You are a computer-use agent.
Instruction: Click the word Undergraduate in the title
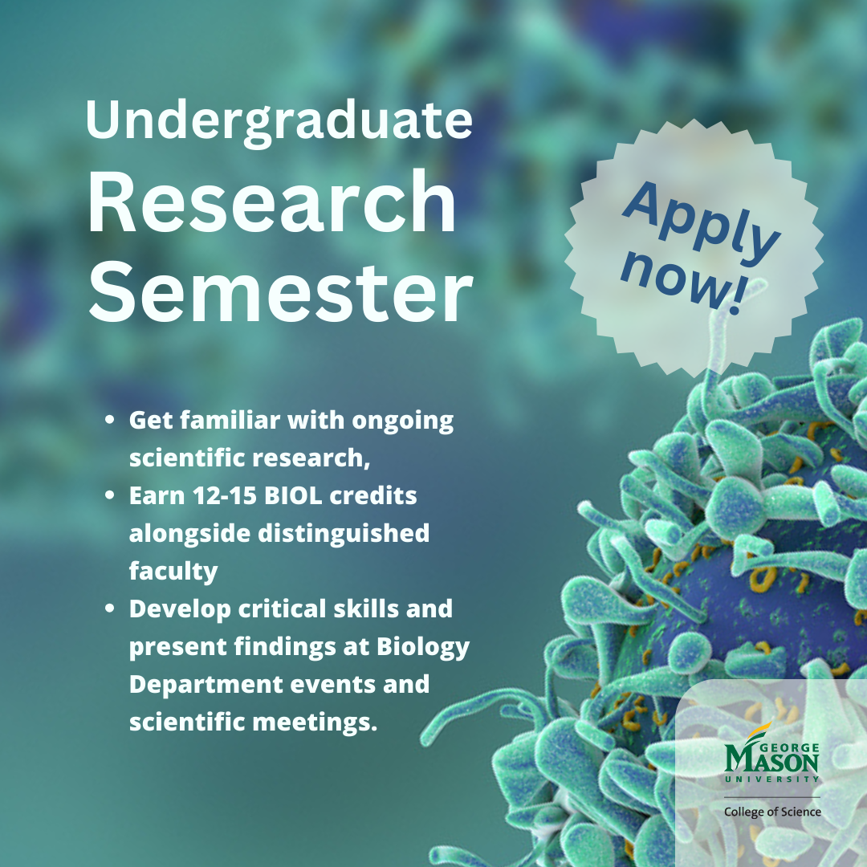pyautogui.click(x=279, y=123)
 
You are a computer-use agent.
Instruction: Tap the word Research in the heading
pyautogui.click(x=272, y=201)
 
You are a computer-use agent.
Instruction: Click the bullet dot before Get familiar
pyautogui.click(x=109, y=420)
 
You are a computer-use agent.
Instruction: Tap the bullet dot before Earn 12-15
pyautogui.click(x=109, y=495)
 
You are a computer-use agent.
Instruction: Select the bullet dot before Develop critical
pyautogui.click(x=109, y=609)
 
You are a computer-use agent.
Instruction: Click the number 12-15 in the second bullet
pyautogui.click(x=224, y=496)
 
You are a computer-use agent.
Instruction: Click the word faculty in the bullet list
pyautogui.click(x=173, y=572)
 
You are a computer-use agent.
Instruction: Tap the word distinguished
pyautogui.click(x=344, y=534)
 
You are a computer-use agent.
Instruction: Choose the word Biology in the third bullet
pyautogui.click(x=423, y=648)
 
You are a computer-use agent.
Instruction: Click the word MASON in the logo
pyautogui.click(x=771, y=761)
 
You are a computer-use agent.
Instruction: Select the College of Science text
pyautogui.click(x=772, y=812)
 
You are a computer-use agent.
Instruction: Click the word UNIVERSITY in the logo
pyautogui.click(x=772, y=779)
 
